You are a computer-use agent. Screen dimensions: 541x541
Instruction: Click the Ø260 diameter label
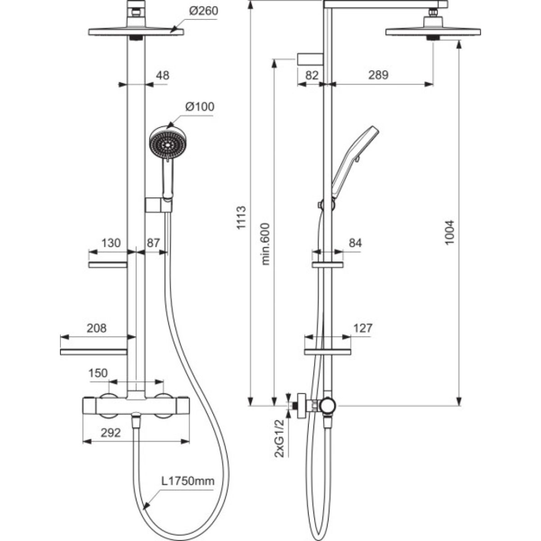[x=203, y=11]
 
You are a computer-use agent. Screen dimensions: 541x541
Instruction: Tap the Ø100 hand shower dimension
[x=200, y=107]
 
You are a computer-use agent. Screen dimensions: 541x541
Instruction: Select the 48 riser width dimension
[x=162, y=76]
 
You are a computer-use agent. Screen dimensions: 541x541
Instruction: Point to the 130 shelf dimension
[x=111, y=243]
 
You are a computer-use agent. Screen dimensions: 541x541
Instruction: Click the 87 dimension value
[x=153, y=243]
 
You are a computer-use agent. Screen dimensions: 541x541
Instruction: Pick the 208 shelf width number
[x=97, y=328]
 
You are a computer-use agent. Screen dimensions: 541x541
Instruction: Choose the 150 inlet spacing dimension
[x=99, y=373]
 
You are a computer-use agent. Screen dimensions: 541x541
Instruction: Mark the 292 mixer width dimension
[x=111, y=433]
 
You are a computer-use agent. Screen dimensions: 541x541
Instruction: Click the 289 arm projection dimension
[x=378, y=75]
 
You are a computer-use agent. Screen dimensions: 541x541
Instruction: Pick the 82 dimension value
[x=312, y=75]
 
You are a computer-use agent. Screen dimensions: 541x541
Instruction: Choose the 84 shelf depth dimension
[x=355, y=243]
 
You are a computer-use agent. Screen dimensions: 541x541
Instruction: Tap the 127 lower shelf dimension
[x=363, y=328]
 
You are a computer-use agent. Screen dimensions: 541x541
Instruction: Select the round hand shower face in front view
[x=168, y=143]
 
